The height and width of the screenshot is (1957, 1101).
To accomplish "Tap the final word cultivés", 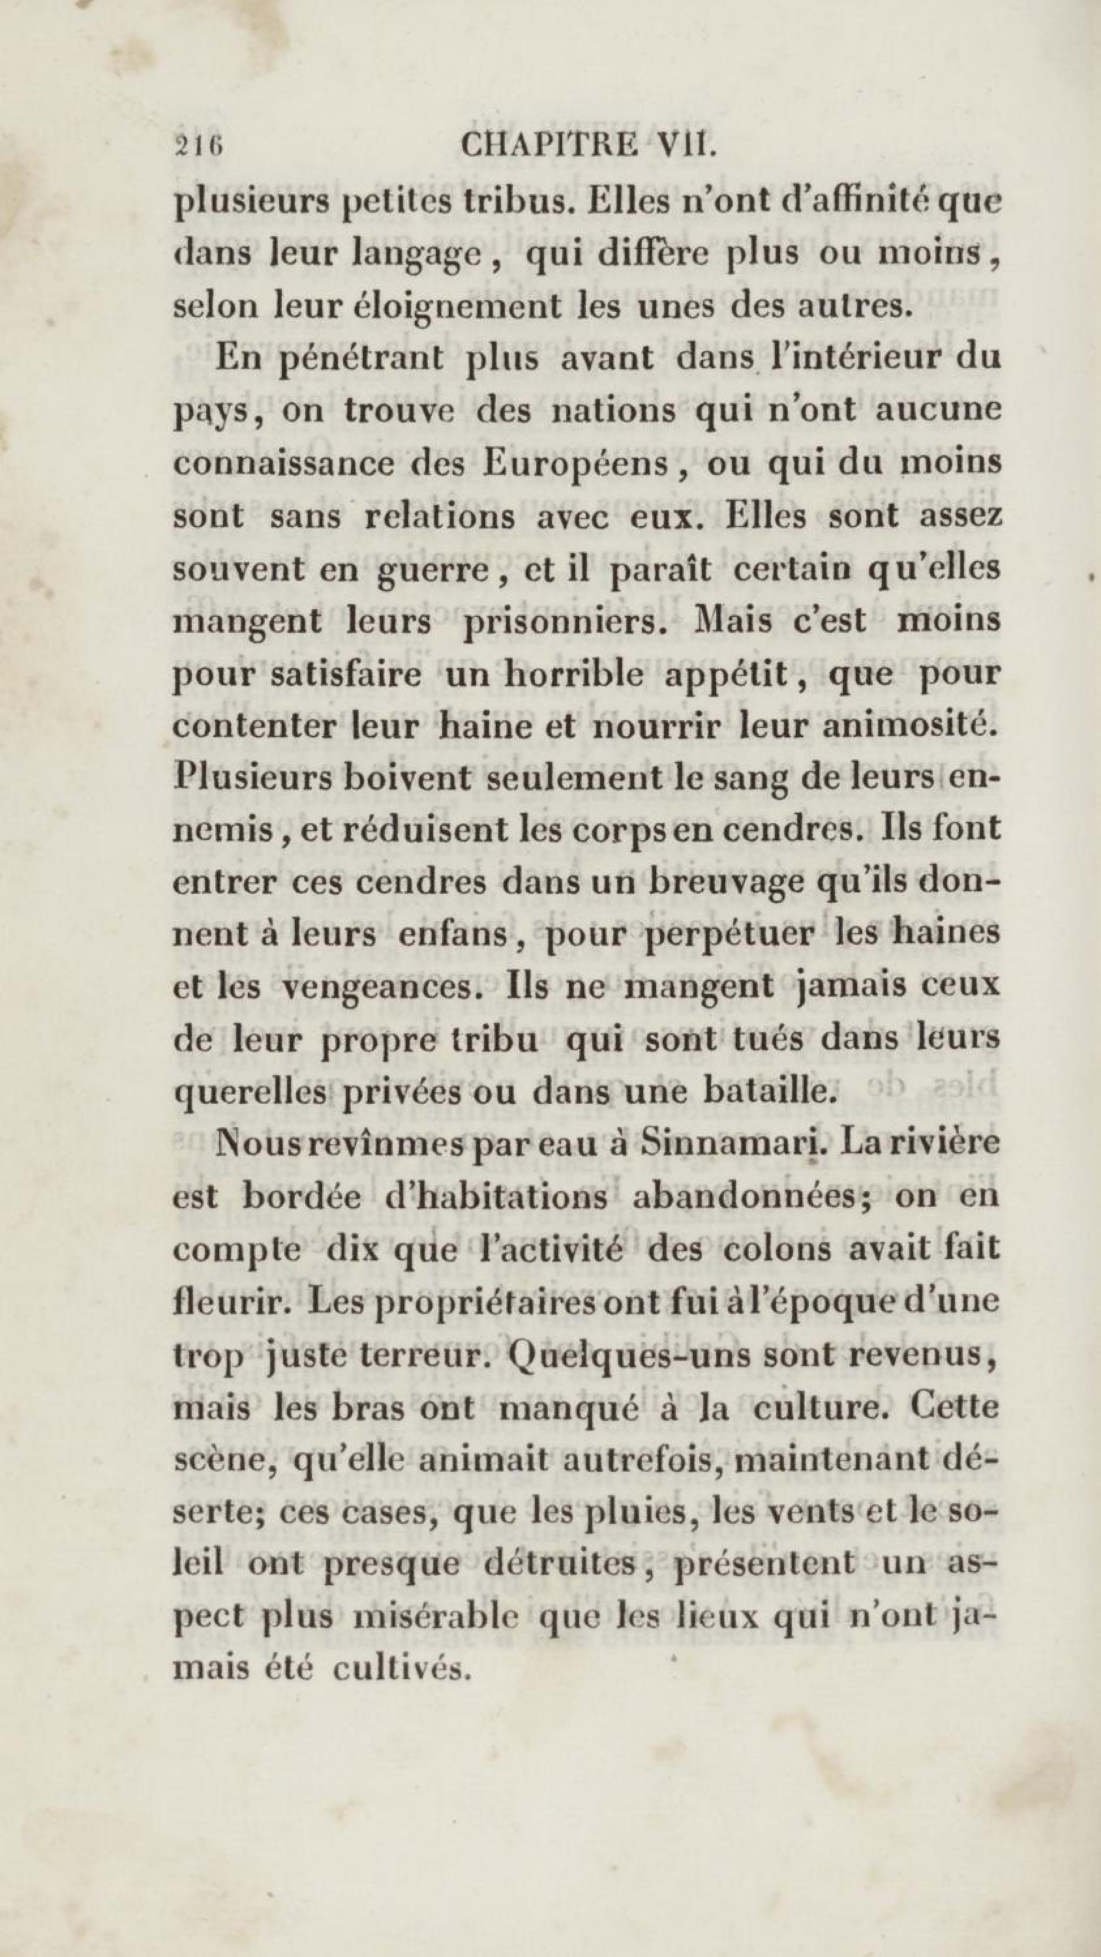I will pyautogui.click(x=399, y=1667).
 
